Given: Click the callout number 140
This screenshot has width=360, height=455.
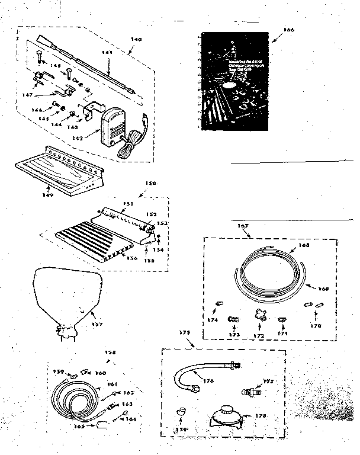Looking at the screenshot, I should [x=136, y=40].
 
